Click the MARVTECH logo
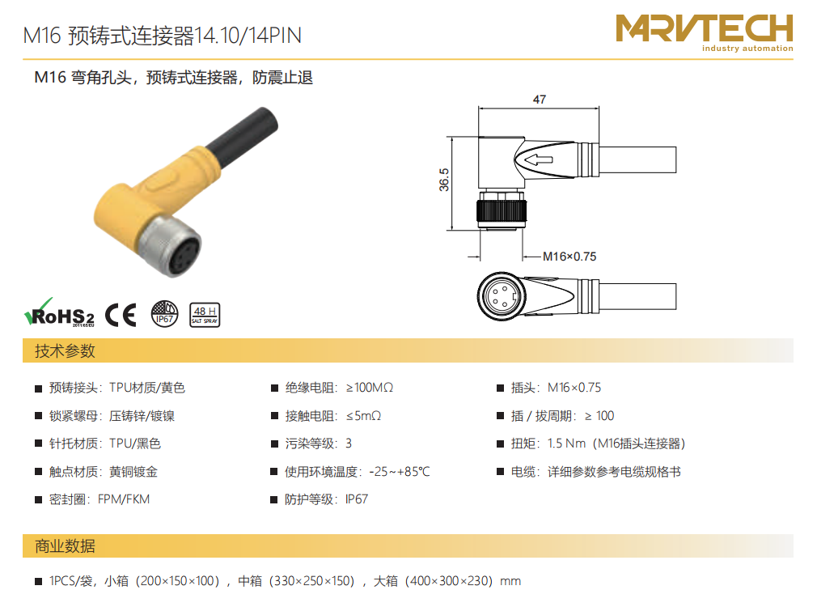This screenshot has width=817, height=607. [x=704, y=32]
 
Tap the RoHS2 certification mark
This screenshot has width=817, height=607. [x=59, y=313]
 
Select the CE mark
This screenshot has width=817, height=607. [x=121, y=315]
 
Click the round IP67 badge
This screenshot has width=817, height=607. [x=165, y=314]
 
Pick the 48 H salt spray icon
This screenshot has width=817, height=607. [x=205, y=315]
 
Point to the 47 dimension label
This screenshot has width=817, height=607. [x=540, y=99]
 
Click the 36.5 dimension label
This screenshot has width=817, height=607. [x=444, y=180]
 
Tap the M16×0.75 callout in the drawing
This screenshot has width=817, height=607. [x=569, y=257]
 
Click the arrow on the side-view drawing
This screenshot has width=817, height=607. [x=538, y=159]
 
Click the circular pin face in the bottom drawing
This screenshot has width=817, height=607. [x=502, y=296]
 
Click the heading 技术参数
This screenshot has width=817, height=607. [x=66, y=351]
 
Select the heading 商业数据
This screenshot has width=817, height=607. [x=66, y=546]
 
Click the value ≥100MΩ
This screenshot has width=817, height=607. [x=370, y=388]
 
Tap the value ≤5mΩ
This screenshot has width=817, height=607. [x=364, y=416]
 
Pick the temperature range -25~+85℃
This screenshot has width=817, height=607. [x=400, y=471]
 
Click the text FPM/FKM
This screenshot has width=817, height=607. [x=124, y=499]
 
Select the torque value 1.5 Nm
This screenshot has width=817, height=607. [x=566, y=444]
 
